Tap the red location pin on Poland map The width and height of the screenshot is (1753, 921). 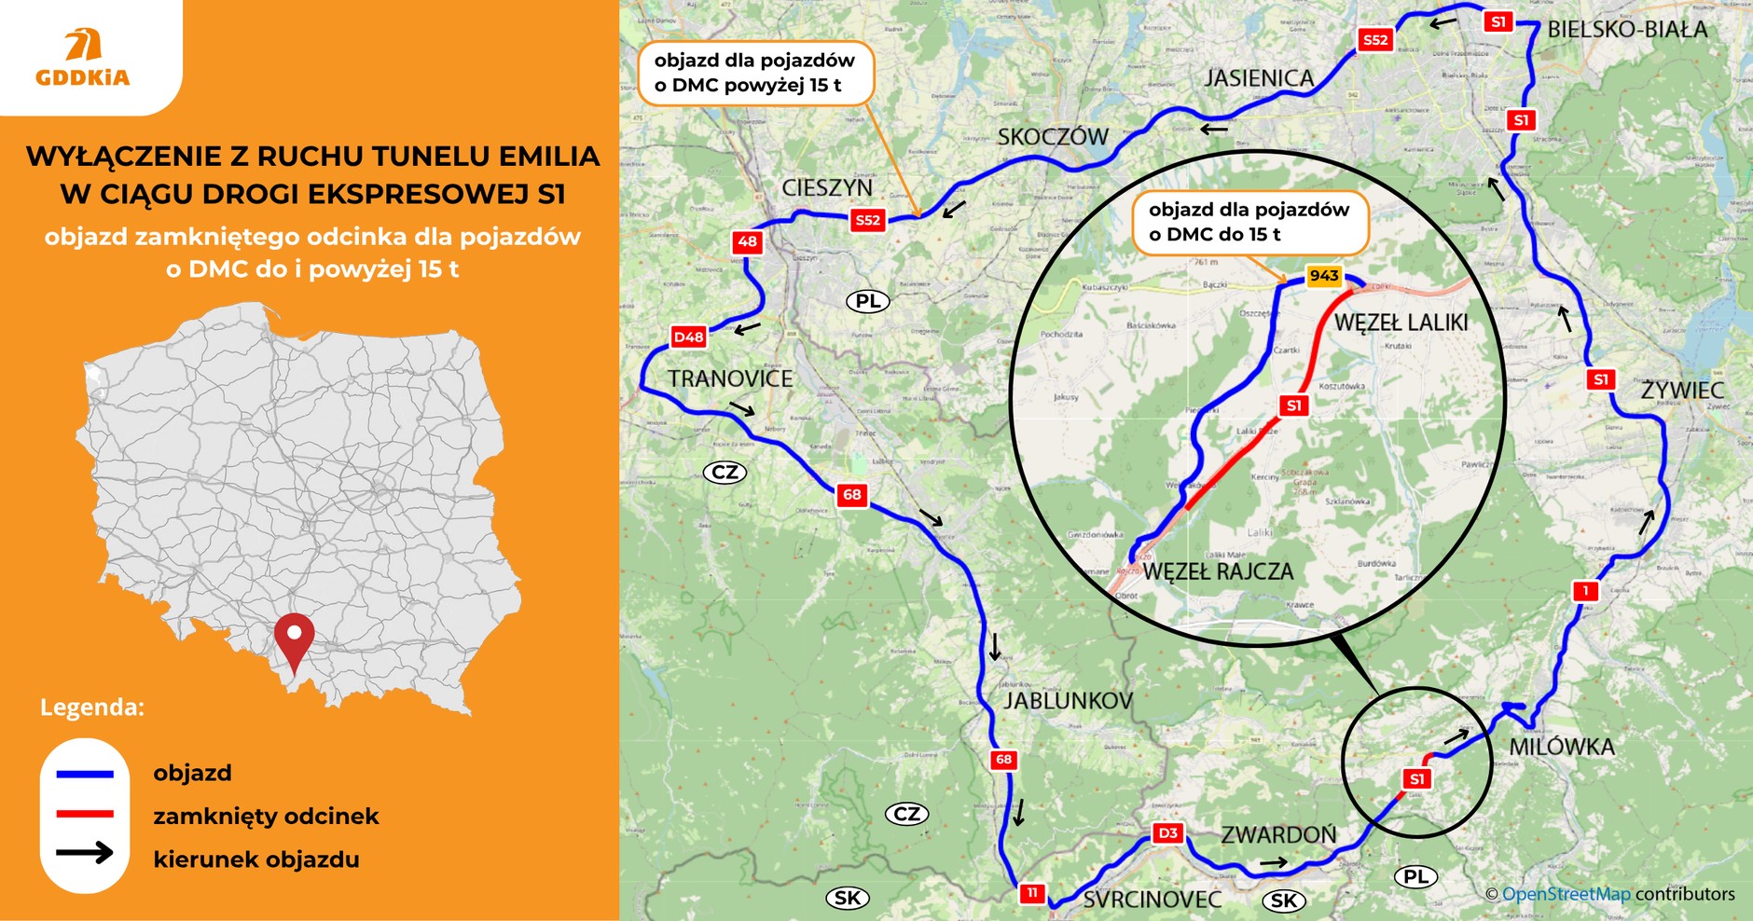click(295, 639)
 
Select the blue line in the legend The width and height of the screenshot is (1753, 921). click(85, 774)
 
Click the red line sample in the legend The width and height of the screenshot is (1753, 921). click(85, 815)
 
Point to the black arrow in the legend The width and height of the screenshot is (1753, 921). click(85, 852)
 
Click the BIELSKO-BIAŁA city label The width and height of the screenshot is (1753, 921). click(1627, 30)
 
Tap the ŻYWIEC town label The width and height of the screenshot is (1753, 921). click(1682, 390)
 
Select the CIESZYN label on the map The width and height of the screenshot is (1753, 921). click(826, 188)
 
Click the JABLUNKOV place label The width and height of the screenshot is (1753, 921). click(1068, 701)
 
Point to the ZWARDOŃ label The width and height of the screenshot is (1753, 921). click(1278, 835)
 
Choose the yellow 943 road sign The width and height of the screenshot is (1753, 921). click(1323, 276)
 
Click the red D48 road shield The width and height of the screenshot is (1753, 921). click(688, 337)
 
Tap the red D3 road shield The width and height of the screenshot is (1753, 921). click(1167, 833)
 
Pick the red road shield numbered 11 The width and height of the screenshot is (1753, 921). click(1031, 893)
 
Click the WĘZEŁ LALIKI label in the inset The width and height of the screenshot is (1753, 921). click(1401, 323)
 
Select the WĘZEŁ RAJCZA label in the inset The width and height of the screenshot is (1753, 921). click(1218, 571)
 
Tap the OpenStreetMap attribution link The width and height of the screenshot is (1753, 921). click(1566, 894)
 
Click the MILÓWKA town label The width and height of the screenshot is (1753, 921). click(1561, 747)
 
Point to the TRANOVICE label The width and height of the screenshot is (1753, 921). click(729, 379)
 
